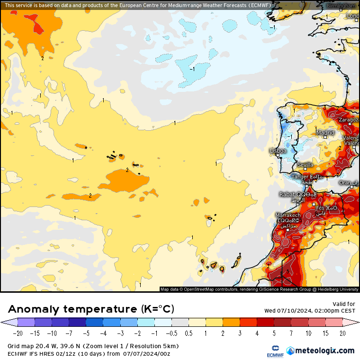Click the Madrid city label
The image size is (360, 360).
click(x=325, y=133)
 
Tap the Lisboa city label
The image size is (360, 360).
click(x=278, y=151)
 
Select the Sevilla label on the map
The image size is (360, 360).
click(x=305, y=165)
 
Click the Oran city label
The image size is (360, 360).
click(x=345, y=182)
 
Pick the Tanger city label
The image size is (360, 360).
click(x=299, y=177)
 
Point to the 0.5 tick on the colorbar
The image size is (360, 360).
click(x=189, y=333)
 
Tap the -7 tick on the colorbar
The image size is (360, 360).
click(x=69, y=333)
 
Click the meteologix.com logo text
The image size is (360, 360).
click(x=324, y=351)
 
